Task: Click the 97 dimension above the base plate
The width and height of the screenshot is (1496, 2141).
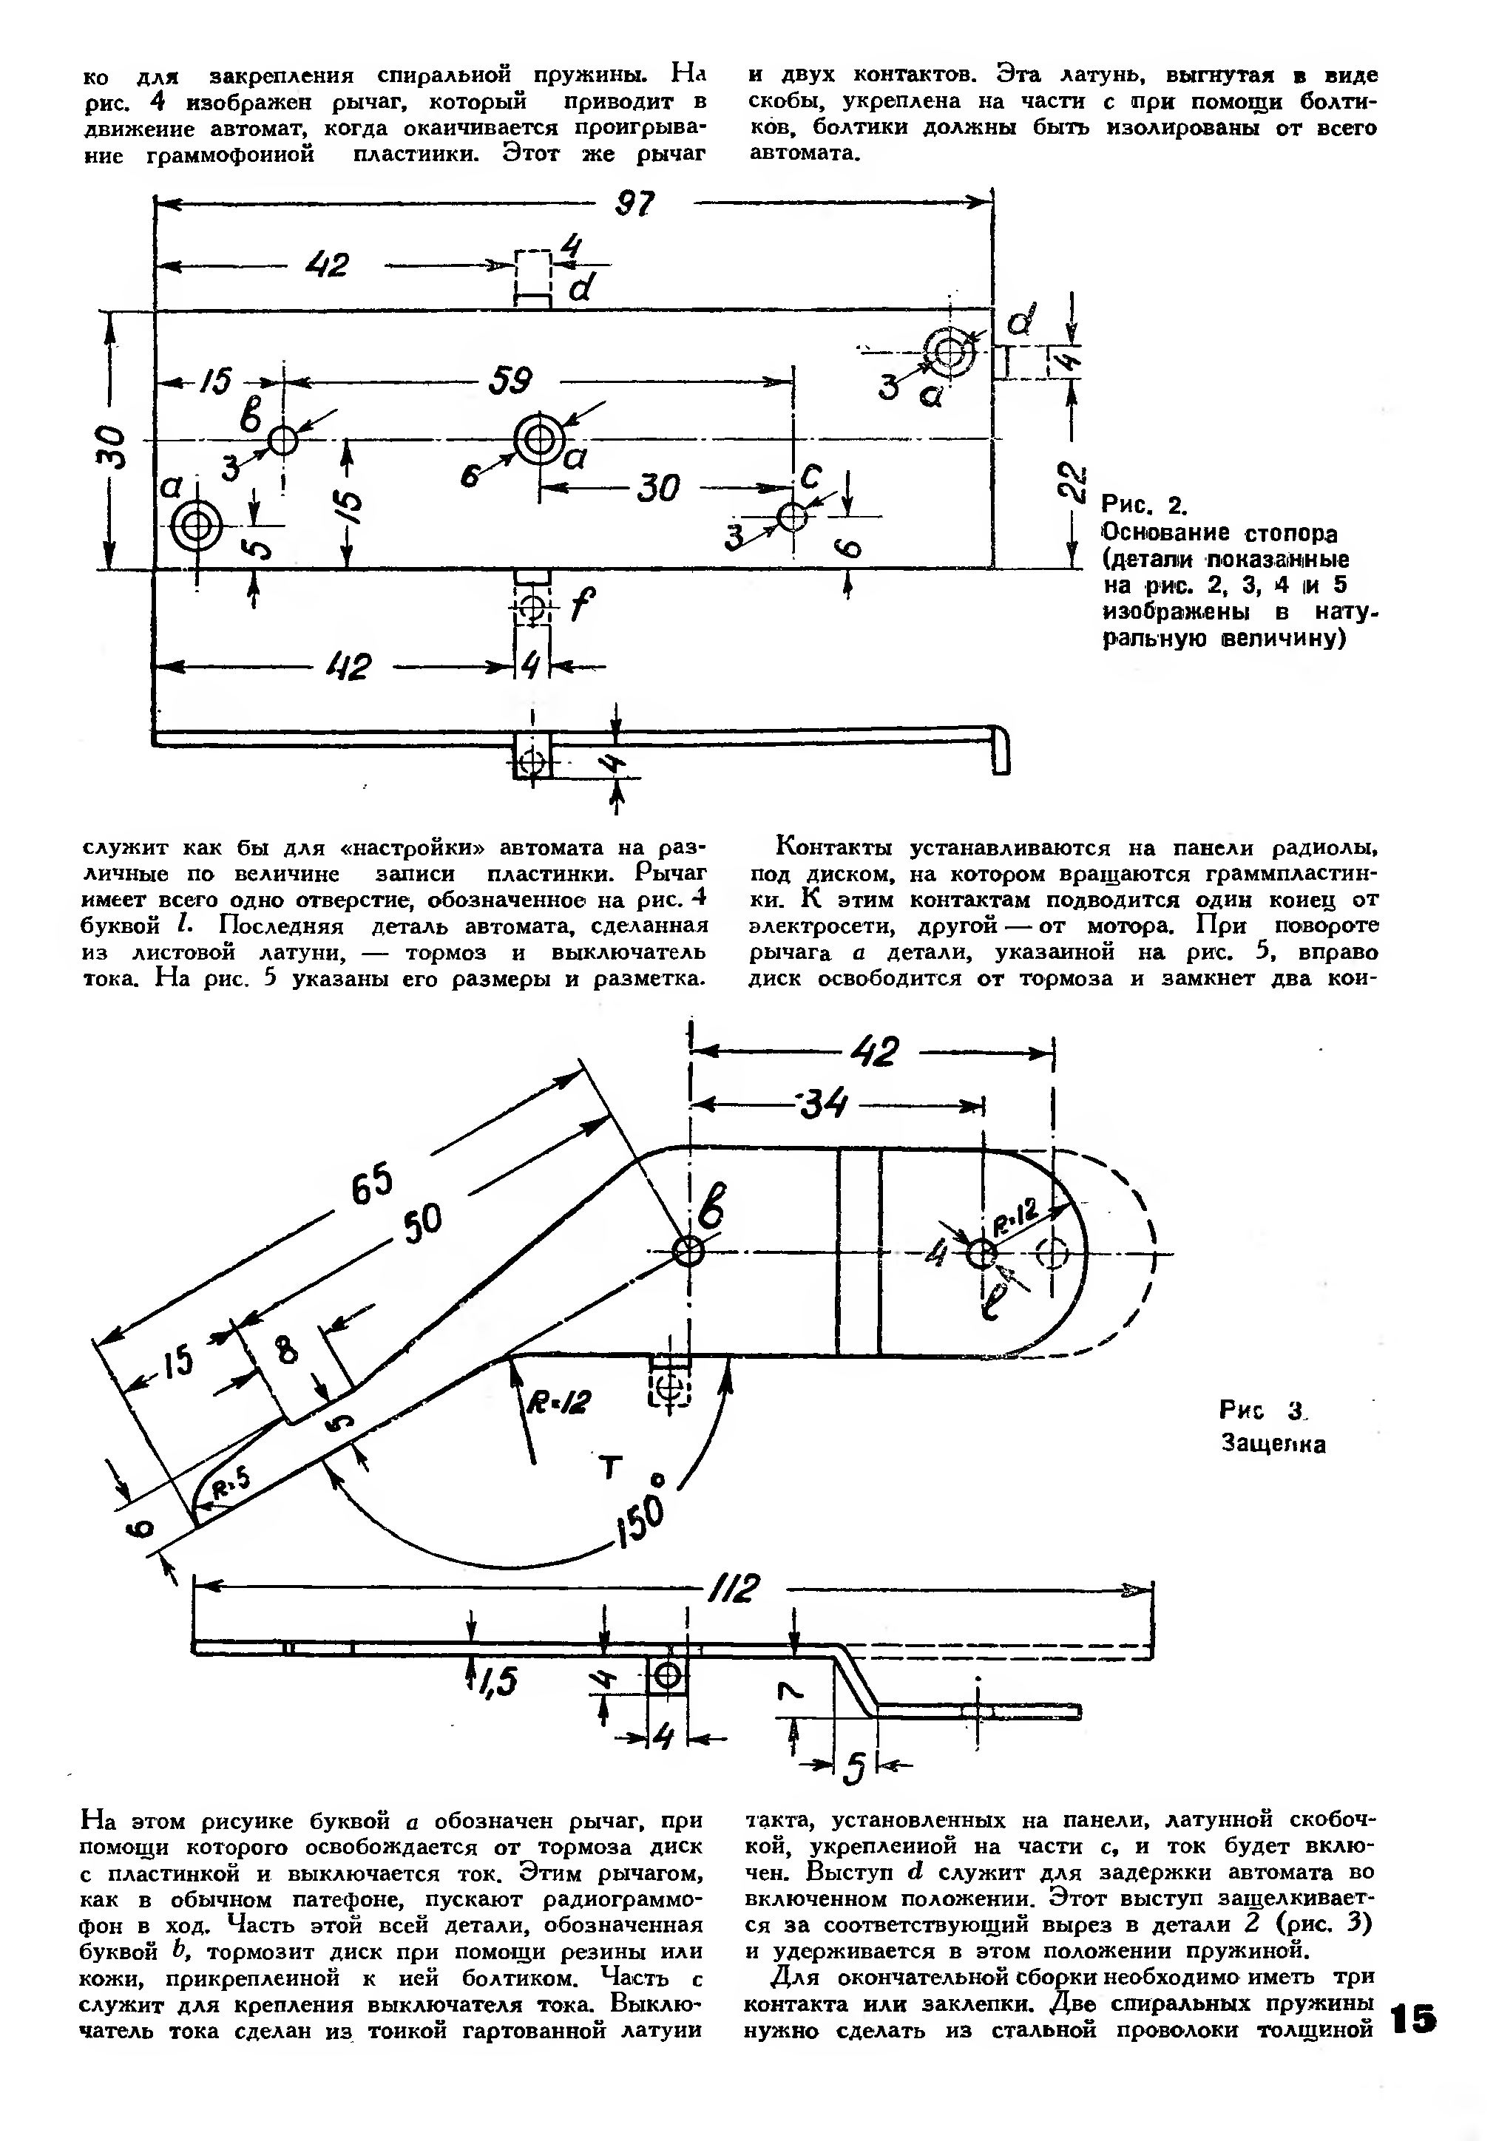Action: (634, 204)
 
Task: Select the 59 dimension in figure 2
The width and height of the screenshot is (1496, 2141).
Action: (510, 381)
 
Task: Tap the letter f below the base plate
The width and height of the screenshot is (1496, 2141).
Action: (579, 606)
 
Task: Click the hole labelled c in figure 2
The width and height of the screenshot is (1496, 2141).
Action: (792, 516)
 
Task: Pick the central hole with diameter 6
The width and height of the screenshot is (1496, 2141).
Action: (539, 438)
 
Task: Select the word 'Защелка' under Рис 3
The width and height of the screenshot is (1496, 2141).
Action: (1273, 1444)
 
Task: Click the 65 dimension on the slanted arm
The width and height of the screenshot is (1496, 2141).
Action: (373, 1186)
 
